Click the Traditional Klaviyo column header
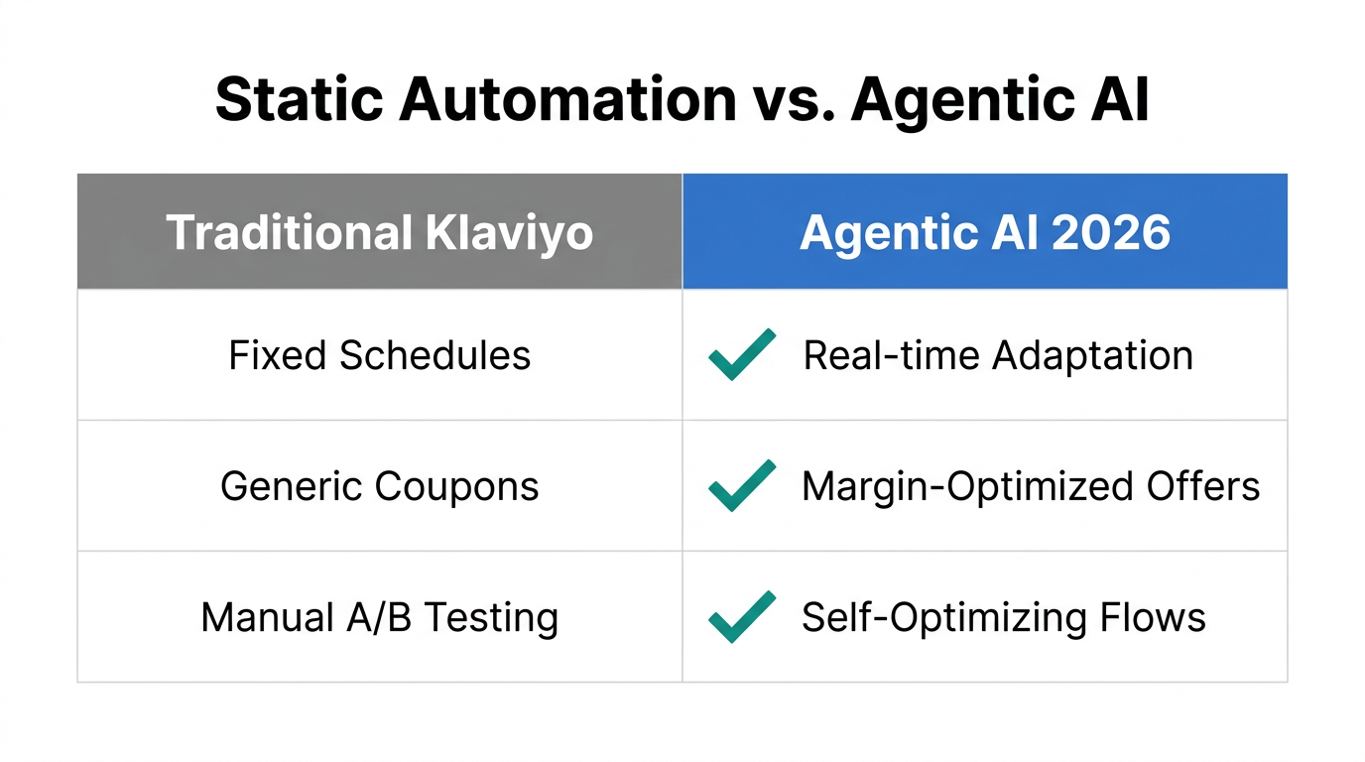380,232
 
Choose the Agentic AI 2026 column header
985,232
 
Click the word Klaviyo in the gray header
509,232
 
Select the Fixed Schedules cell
380,355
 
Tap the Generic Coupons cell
380,486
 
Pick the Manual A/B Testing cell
380,617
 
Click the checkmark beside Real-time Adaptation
742,354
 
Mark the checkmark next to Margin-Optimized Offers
742,485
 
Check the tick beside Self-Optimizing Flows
742,616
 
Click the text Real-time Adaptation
998,355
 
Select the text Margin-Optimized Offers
1031,486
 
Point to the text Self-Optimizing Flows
1004,617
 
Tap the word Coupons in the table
457,486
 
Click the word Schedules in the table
435,355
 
